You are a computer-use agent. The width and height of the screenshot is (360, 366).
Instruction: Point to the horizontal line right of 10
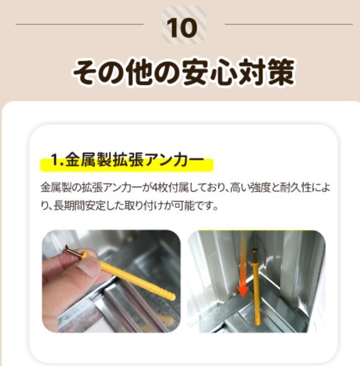288,24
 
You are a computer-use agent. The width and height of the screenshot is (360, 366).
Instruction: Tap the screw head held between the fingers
71,251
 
